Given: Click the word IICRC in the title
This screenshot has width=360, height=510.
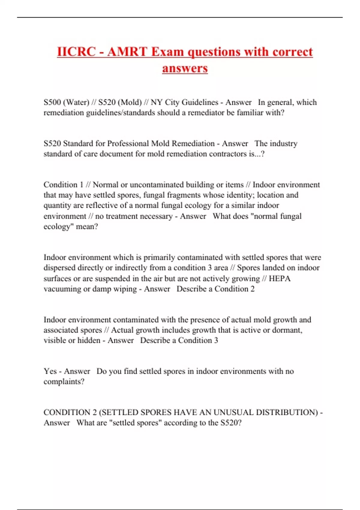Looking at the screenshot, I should [76, 52].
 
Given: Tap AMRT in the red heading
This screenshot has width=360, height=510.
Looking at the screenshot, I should [127, 52].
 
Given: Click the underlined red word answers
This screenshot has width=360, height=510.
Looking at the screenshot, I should [185, 68].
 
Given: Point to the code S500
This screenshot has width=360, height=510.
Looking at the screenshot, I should [52, 102].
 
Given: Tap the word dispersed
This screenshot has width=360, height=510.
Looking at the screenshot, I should [59, 268].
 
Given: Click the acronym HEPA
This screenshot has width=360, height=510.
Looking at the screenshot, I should [280, 278].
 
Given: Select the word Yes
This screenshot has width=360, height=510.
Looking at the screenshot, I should [50, 371].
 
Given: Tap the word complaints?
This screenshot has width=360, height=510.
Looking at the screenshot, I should [64, 382].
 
